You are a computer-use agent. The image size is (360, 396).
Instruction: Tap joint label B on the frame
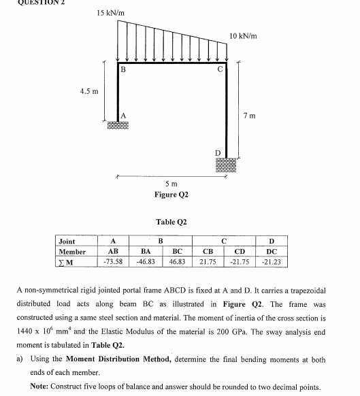tap(122, 69)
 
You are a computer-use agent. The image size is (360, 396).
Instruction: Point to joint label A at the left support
tap(122, 114)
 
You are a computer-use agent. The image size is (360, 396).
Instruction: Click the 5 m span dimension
tap(171, 184)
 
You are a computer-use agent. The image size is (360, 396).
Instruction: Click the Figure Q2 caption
tap(171, 195)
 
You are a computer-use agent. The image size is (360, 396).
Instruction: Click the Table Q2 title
tap(171, 222)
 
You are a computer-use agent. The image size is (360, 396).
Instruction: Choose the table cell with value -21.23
tap(272, 261)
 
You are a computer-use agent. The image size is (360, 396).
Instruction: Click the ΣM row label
tap(69, 261)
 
